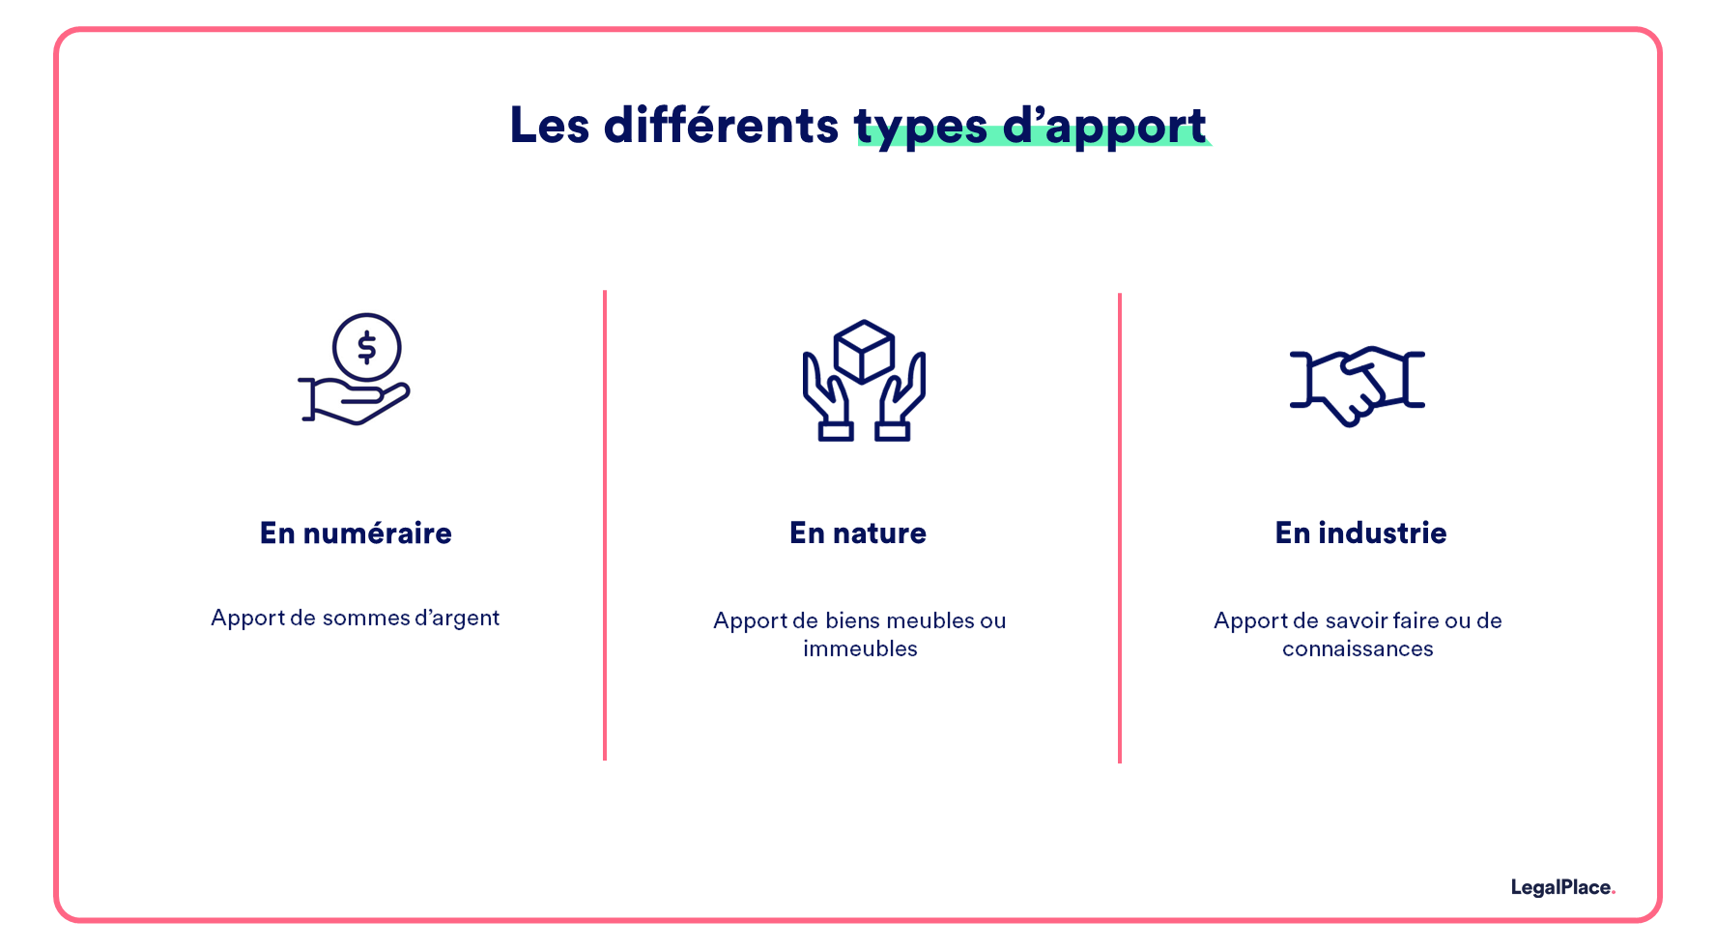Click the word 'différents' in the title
point(721,126)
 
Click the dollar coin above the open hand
point(366,347)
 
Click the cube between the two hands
point(864,351)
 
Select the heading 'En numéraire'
point(356,533)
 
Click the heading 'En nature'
point(858,533)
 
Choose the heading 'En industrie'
point(1360,533)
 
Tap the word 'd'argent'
point(457,619)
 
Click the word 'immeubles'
point(860,648)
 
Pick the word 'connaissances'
point(1358,648)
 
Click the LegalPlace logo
point(1562,887)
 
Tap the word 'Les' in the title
point(549,126)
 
